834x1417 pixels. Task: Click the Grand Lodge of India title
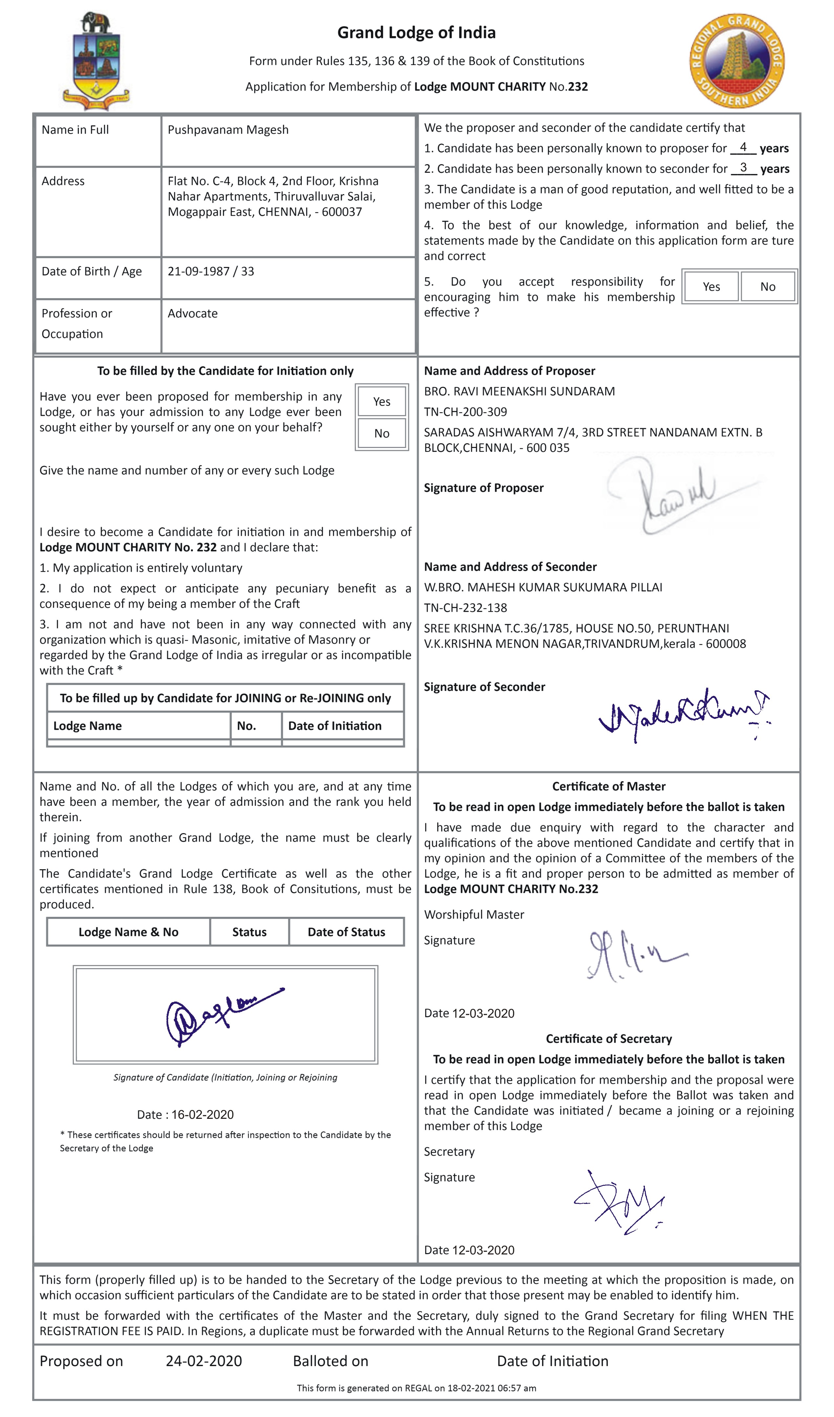pyautogui.click(x=416, y=33)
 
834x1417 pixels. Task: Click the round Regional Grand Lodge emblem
pyautogui.click(x=737, y=61)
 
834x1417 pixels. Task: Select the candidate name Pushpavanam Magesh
pyautogui.click(x=228, y=130)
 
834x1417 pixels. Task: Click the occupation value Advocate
pyautogui.click(x=192, y=314)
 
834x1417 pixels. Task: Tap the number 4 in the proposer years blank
pyautogui.click(x=743, y=147)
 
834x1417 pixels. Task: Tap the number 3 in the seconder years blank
pyautogui.click(x=743, y=167)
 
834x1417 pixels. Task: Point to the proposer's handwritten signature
pyautogui.click(x=675, y=495)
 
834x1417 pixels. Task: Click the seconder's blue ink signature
pyautogui.click(x=683, y=713)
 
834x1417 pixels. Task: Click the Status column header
pyautogui.click(x=249, y=932)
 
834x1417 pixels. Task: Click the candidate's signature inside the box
pyautogui.click(x=222, y=1015)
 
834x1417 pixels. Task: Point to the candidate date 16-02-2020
pyautogui.click(x=203, y=1115)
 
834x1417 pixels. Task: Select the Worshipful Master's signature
pyautogui.click(x=633, y=956)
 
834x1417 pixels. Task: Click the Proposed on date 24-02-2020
pyautogui.click(x=204, y=1361)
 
